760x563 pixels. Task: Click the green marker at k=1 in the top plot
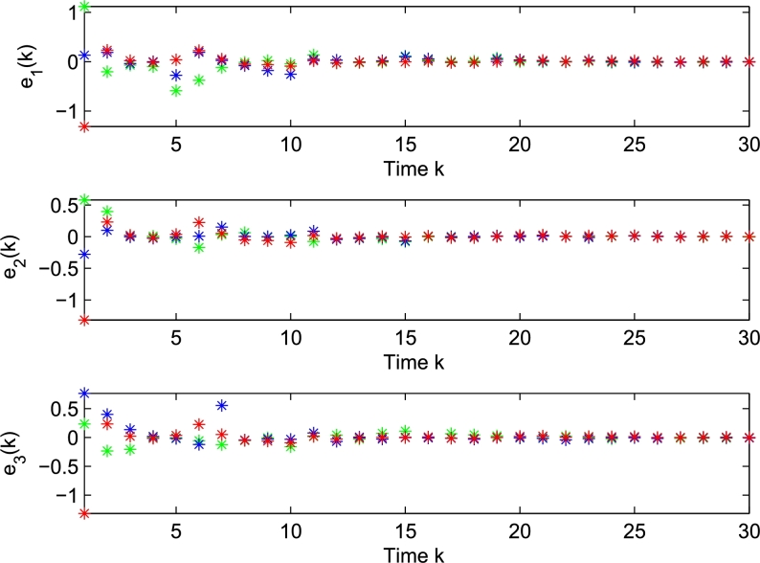click(84, 7)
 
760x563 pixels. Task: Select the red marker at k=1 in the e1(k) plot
click(84, 126)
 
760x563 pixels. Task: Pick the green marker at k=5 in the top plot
click(176, 91)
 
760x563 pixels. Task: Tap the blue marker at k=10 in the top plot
click(290, 74)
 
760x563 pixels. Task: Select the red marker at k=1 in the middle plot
click(84, 320)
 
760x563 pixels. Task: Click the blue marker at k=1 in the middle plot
click(84, 255)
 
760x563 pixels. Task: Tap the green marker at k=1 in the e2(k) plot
click(84, 200)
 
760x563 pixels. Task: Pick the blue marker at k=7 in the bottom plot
click(222, 405)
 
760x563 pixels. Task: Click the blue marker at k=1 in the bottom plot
click(84, 394)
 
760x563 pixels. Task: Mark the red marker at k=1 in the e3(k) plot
click(84, 514)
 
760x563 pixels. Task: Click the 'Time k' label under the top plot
click(404, 167)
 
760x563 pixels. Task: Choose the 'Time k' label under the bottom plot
click(404, 553)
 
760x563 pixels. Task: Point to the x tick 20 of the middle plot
click(520, 339)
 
